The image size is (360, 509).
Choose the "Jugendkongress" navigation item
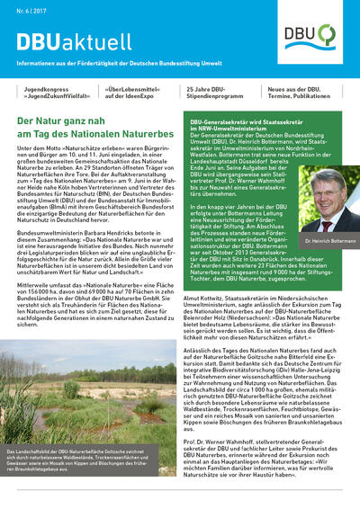pos(53,94)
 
